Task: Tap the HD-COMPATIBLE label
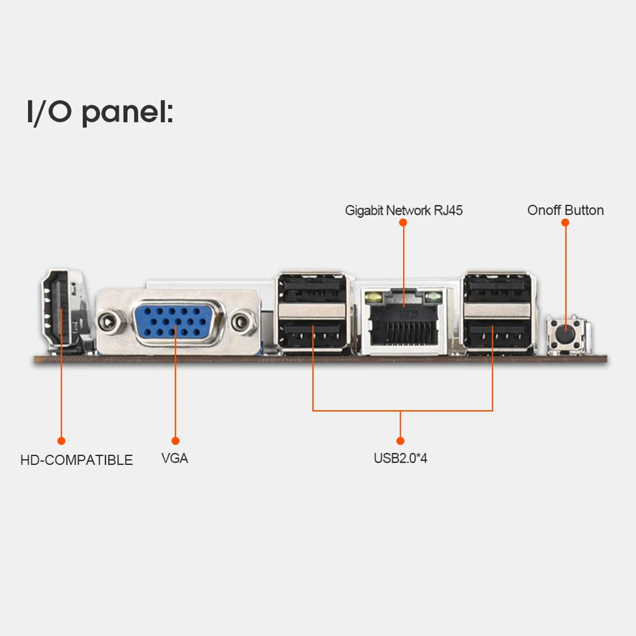point(76,460)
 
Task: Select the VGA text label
point(175,458)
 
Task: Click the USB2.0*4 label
point(400,458)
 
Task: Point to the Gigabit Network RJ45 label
point(404,211)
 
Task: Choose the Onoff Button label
point(565,211)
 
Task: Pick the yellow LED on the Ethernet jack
point(373,296)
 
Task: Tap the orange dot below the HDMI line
point(62,440)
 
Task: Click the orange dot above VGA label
point(176,440)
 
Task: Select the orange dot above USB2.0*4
point(400,440)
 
